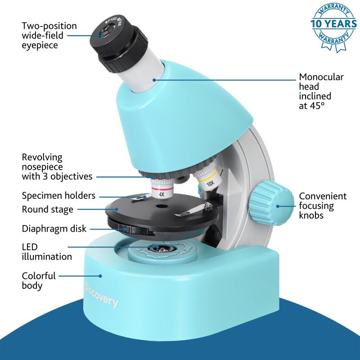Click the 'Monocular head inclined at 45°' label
click(x=321, y=91)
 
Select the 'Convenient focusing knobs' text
click(x=323, y=206)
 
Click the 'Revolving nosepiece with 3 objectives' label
click(x=57, y=167)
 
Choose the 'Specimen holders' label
click(x=58, y=196)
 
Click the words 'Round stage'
click(x=48, y=209)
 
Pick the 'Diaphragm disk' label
click(x=54, y=229)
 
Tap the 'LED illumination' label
click(x=47, y=252)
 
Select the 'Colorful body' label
click(x=39, y=280)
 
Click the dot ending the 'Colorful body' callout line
click(x=100, y=276)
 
